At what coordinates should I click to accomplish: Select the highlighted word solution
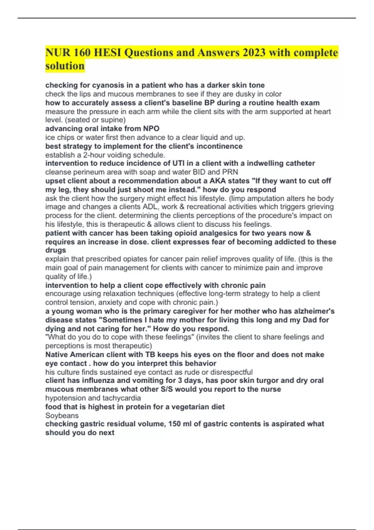(x=65, y=66)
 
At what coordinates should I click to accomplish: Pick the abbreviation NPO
(x=151, y=128)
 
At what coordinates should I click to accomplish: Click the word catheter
(x=300, y=163)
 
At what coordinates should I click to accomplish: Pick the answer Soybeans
(x=62, y=416)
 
